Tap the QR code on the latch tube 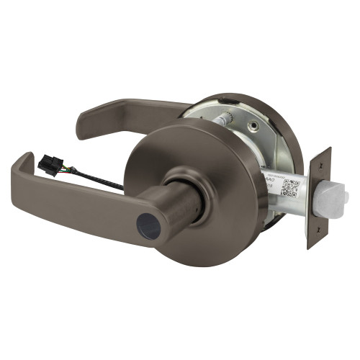pyautogui.click(x=289, y=187)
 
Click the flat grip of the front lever pyautogui.click(x=79, y=209)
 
